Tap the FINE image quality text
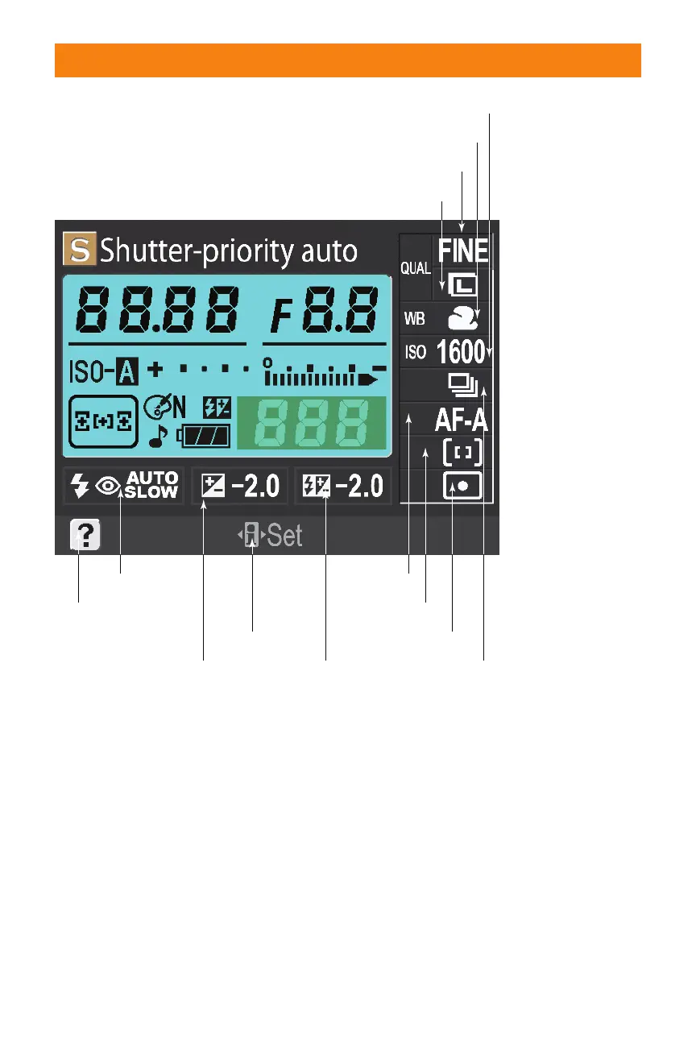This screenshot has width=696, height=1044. tap(463, 251)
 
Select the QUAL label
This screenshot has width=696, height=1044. tap(416, 269)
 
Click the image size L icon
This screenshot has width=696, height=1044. tap(464, 284)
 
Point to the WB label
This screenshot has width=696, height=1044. tap(414, 319)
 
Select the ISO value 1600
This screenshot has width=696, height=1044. tap(461, 352)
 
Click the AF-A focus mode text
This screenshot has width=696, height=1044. tap(461, 419)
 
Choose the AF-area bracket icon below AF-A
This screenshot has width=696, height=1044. tap(462, 453)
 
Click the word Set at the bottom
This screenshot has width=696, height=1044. tap(284, 536)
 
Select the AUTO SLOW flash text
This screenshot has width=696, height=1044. tap(152, 486)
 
